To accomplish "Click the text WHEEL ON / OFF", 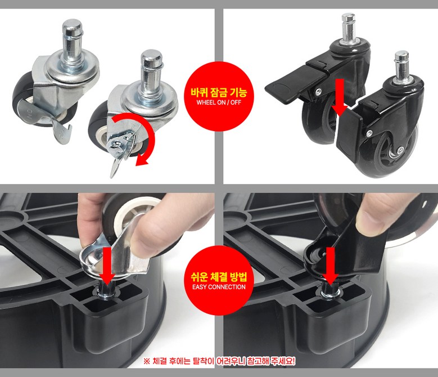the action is [x=219, y=102].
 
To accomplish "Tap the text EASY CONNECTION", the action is [x=219, y=287].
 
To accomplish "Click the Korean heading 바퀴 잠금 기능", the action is [x=219, y=92].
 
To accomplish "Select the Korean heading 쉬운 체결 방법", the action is [x=219, y=277].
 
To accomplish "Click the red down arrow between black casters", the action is [x=340, y=98].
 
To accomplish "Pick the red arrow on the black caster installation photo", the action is [x=331, y=266].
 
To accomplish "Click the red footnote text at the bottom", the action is [x=219, y=361].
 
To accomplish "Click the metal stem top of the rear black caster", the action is [x=349, y=27].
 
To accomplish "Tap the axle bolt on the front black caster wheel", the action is [x=400, y=150].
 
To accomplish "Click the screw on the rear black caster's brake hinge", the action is [x=318, y=91].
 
